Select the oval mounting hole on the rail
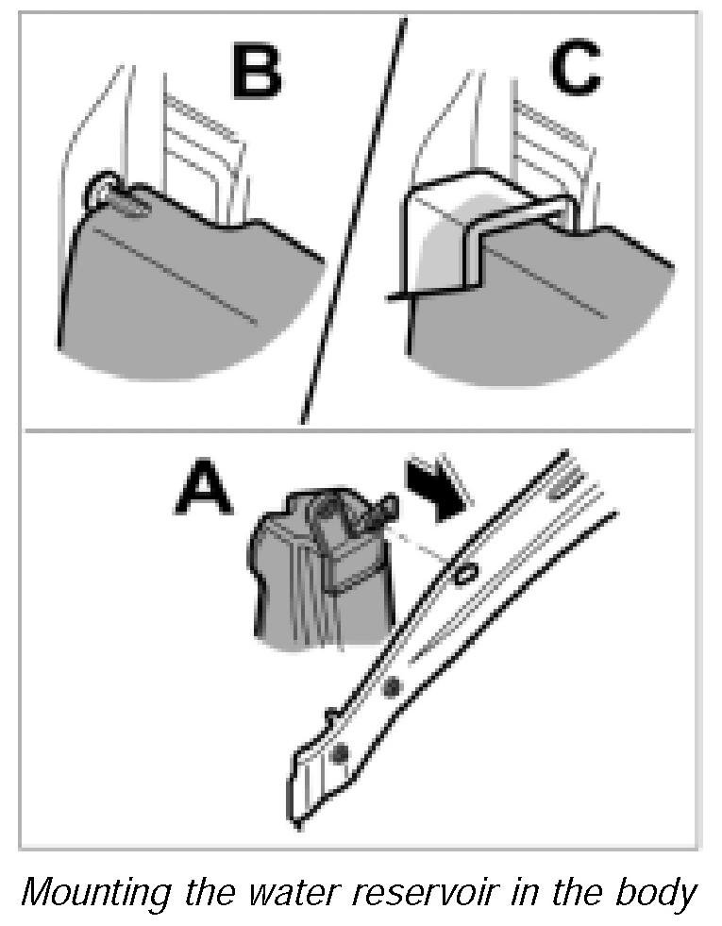(463, 575)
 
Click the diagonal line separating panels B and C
(353, 217)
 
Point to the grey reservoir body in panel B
(179, 293)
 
